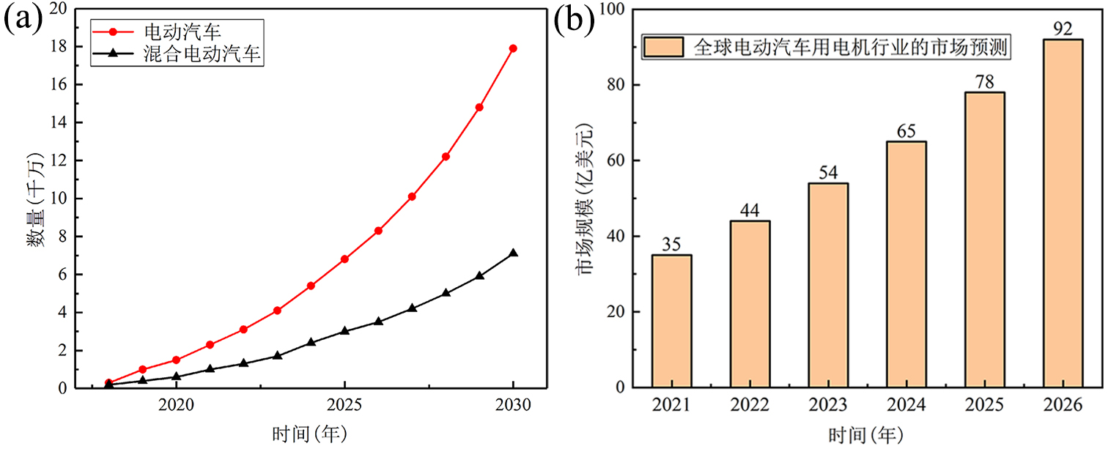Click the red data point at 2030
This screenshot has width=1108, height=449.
[513, 48]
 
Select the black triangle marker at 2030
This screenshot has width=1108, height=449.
[513, 253]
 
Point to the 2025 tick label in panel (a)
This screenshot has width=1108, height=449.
[344, 405]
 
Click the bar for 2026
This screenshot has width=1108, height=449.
[1062, 213]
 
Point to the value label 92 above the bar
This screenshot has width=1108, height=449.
[1062, 29]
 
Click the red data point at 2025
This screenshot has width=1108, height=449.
[344, 259]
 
